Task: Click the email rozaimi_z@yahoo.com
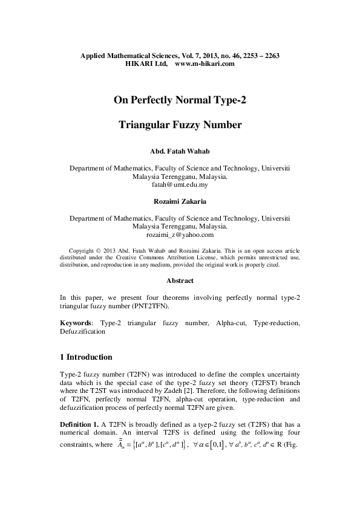tap(180, 235)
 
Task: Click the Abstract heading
tap(180, 280)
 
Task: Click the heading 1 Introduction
tap(86, 357)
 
